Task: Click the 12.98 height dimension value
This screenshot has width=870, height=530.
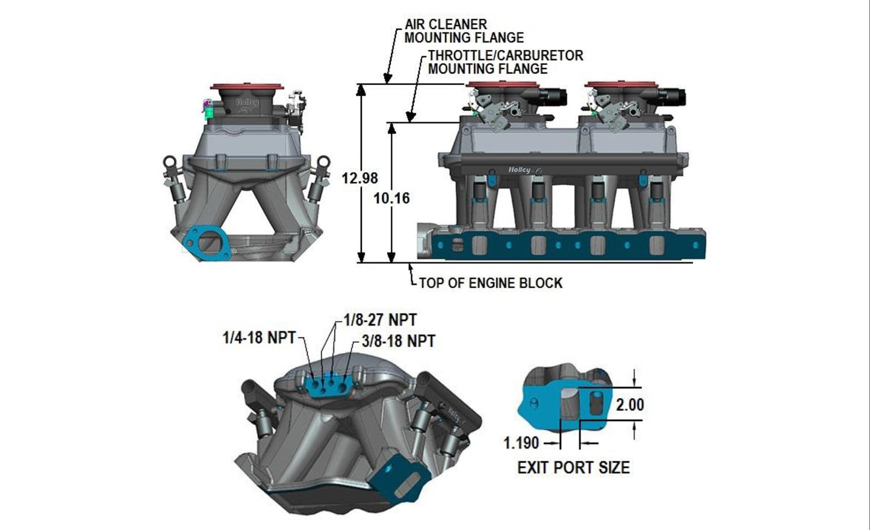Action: (359, 178)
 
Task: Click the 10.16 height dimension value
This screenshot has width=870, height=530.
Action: (391, 198)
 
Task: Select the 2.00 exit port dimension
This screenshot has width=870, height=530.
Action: (630, 405)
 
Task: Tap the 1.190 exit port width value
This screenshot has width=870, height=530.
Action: (521, 443)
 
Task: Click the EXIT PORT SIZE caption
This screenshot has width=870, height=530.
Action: (573, 468)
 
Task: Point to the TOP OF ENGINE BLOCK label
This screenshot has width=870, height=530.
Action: (490, 283)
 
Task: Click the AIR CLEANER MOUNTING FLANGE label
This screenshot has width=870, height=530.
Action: (464, 31)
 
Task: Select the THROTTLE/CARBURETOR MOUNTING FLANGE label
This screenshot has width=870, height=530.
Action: (505, 62)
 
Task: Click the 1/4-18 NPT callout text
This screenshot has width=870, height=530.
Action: (259, 338)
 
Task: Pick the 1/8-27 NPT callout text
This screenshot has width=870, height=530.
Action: (380, 319)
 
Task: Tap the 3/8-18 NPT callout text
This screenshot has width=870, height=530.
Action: (399, 341)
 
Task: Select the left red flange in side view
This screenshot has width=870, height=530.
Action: (498, 85)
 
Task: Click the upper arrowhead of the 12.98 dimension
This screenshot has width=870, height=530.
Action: (361, 90)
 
